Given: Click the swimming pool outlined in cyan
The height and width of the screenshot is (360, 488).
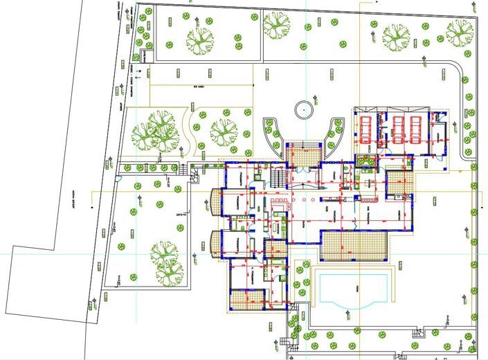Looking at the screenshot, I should (351, 289).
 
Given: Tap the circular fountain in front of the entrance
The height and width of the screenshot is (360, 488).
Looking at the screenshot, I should (303, 109).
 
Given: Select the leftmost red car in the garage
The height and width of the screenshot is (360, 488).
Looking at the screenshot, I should (365, 127).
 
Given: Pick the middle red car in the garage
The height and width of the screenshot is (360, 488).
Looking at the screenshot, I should (398, 127).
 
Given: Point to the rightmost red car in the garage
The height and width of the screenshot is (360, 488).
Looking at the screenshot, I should (415, 127).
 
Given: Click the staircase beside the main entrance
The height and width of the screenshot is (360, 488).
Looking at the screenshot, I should (278, 177).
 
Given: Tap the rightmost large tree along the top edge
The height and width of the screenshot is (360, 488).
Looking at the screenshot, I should (458, 32).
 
